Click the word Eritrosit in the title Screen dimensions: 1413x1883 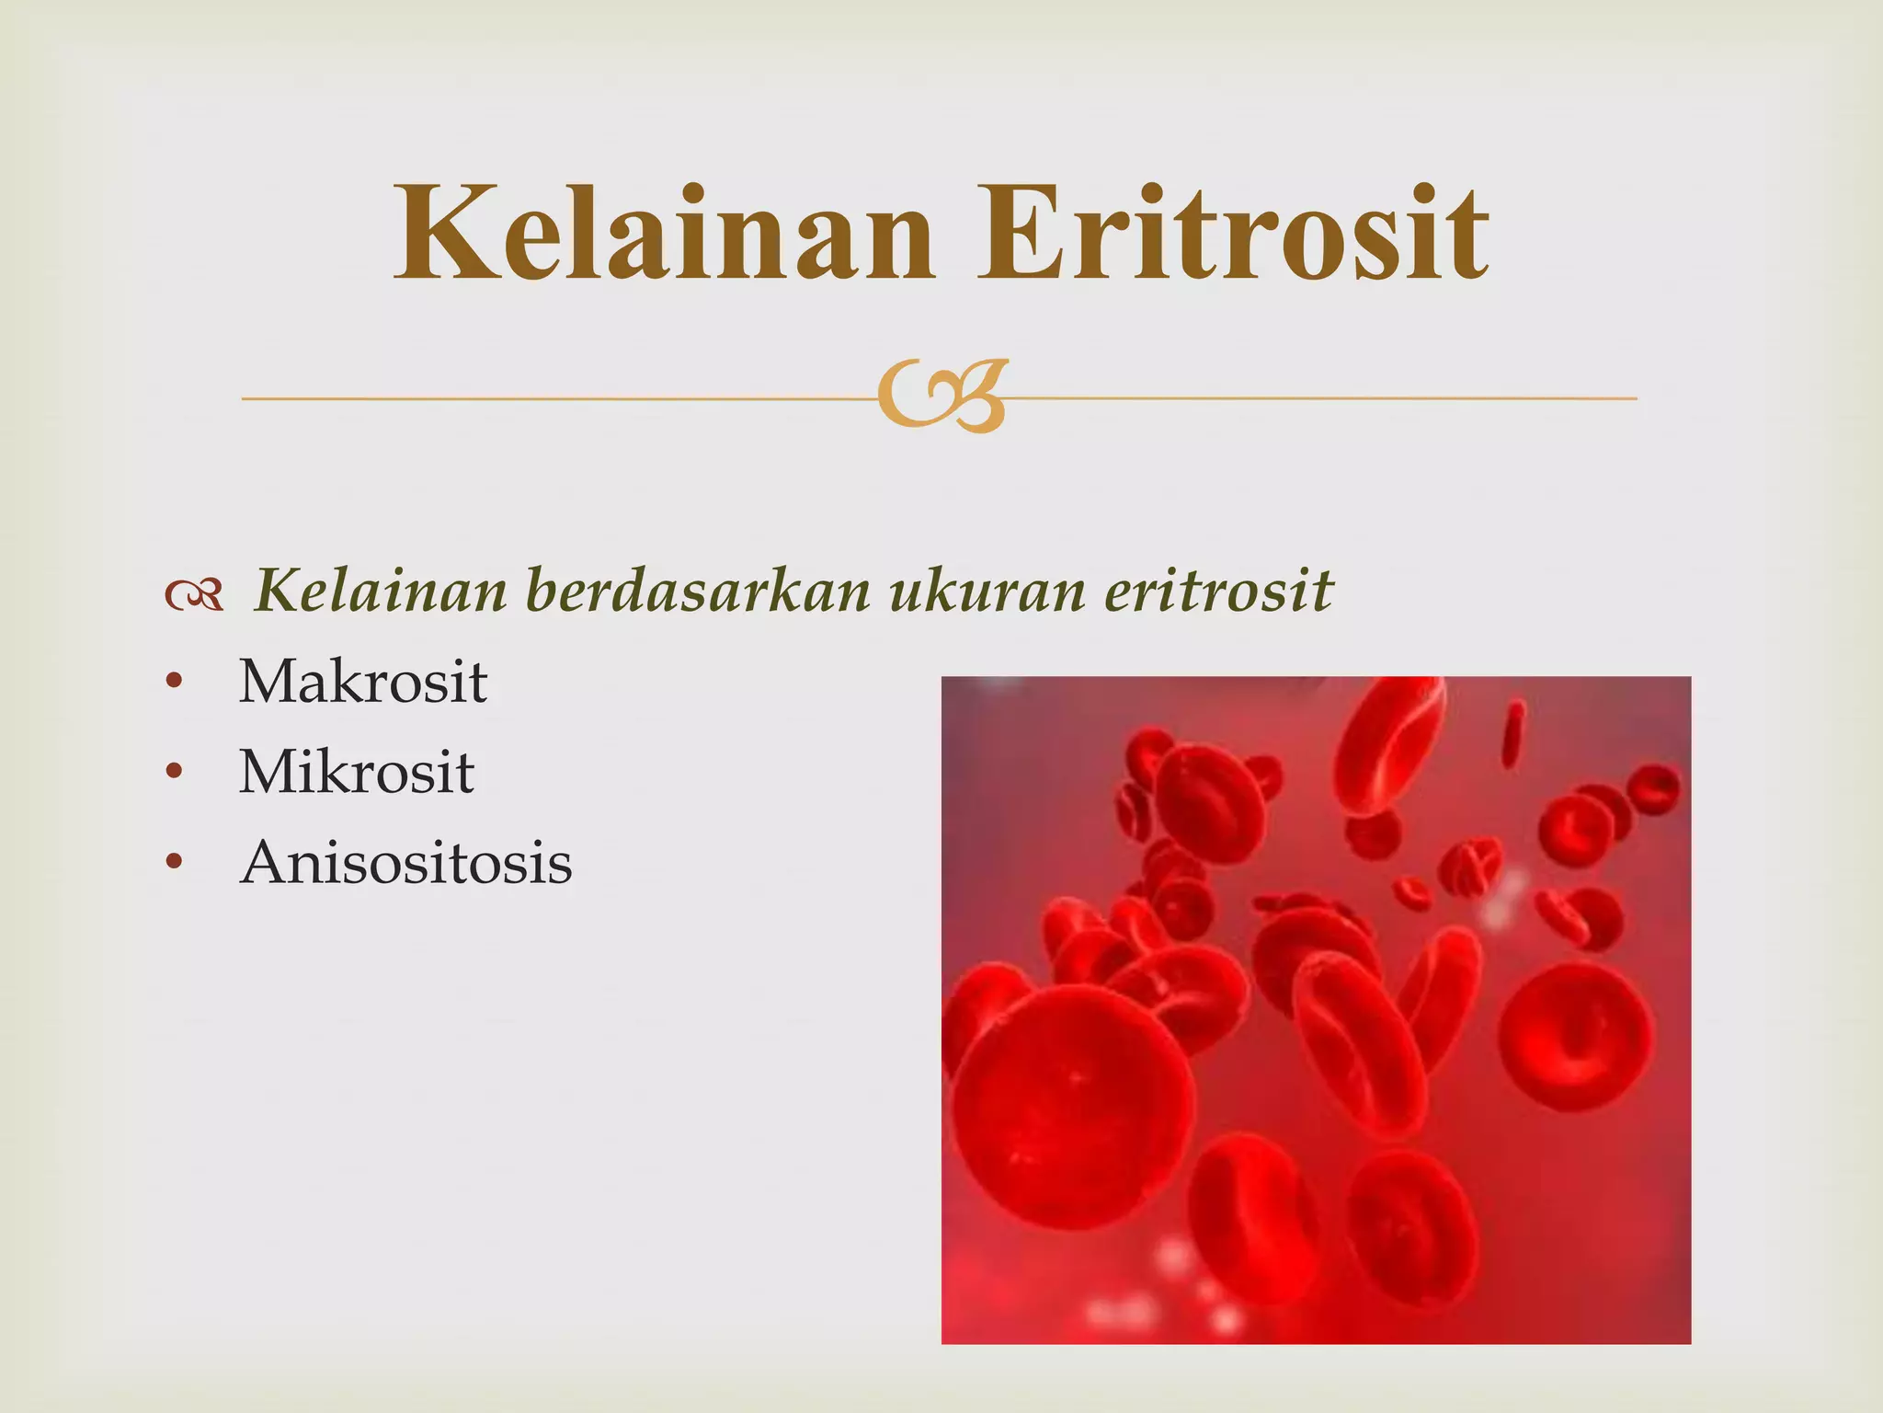pos(1232,235)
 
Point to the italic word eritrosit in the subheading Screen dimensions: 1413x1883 pos(1217,591)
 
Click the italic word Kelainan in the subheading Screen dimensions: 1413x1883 pos(380,591)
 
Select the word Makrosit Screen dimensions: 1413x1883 pos(363,683)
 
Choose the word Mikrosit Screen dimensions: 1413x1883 pos(357,773)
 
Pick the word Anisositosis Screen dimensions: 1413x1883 pos(405,863)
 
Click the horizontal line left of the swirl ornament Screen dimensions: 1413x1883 pos(552,398)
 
